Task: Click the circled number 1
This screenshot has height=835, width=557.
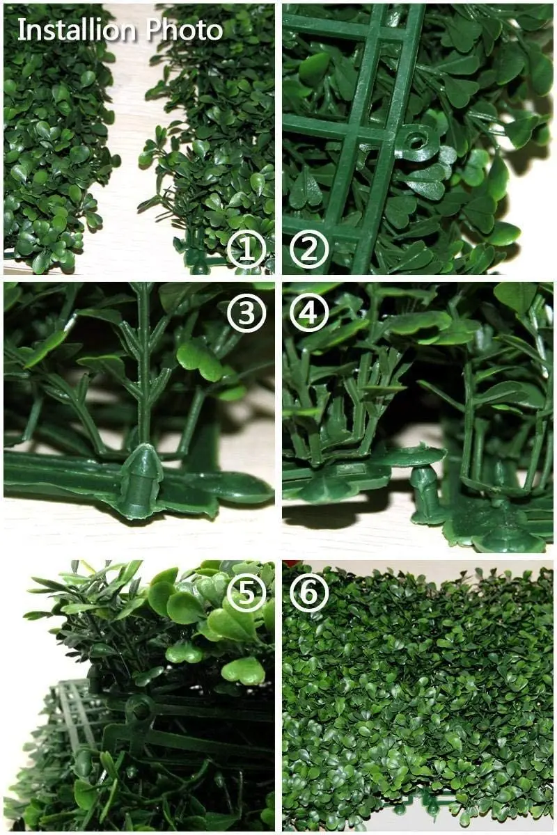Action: pos(246,250)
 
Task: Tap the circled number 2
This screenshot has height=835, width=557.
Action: pos(308,250)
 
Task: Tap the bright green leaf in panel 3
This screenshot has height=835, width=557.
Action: pos(198,358)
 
